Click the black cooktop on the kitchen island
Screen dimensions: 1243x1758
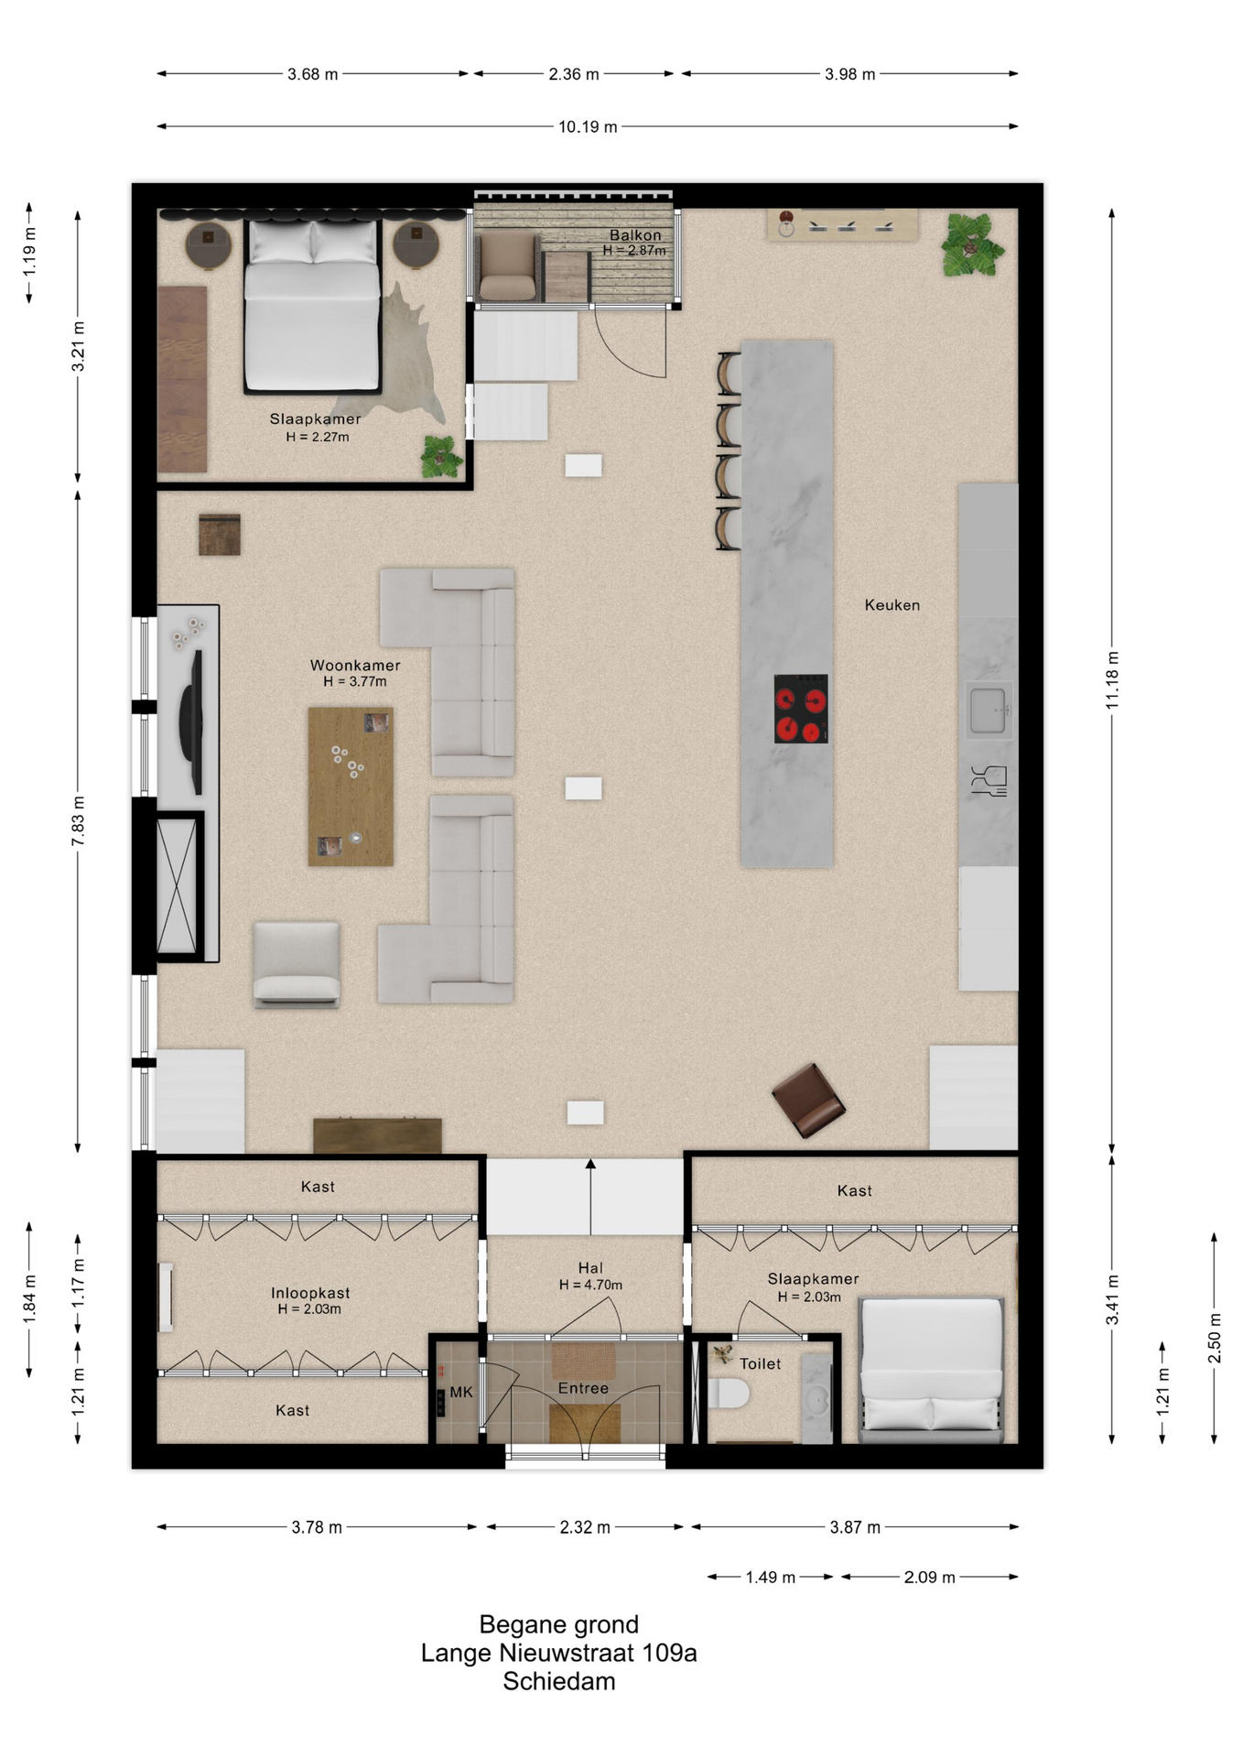click(x=801, y=708)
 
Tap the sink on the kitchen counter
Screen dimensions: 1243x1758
click(x=989, y=710)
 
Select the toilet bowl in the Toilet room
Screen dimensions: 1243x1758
click(x=730, y=1394)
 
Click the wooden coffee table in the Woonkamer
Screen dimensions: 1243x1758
click(x=351, y=787)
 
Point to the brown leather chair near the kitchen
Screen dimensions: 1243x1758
click(x=808, y=1100)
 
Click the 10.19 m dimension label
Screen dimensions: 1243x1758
click(x=588, y=126)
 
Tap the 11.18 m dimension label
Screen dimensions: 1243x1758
click(x=1112, y=679)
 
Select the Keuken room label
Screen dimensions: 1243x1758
click(x=892, y=604)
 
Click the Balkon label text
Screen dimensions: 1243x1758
click(x=635, y=235)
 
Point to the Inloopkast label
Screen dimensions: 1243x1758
click(x=310, y=1293)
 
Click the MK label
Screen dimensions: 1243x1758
click(x=461, y=1392)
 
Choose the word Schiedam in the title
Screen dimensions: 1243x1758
click(x=559, y=1681)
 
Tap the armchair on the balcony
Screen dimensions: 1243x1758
click(x=507, y=265)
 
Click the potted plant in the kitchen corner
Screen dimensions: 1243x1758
click(x=972, y=244)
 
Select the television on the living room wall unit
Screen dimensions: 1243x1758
click(x=191, y=722)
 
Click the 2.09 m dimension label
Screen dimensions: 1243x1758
click(x=929, y=1577)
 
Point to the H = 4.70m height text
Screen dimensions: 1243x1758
click(x=590, y=1285)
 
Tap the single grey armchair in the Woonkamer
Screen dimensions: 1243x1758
click(x=296, y=965)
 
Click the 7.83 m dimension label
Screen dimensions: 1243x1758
click(x=78, y=820)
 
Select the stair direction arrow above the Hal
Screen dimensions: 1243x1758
click(x=590, y=1197)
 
